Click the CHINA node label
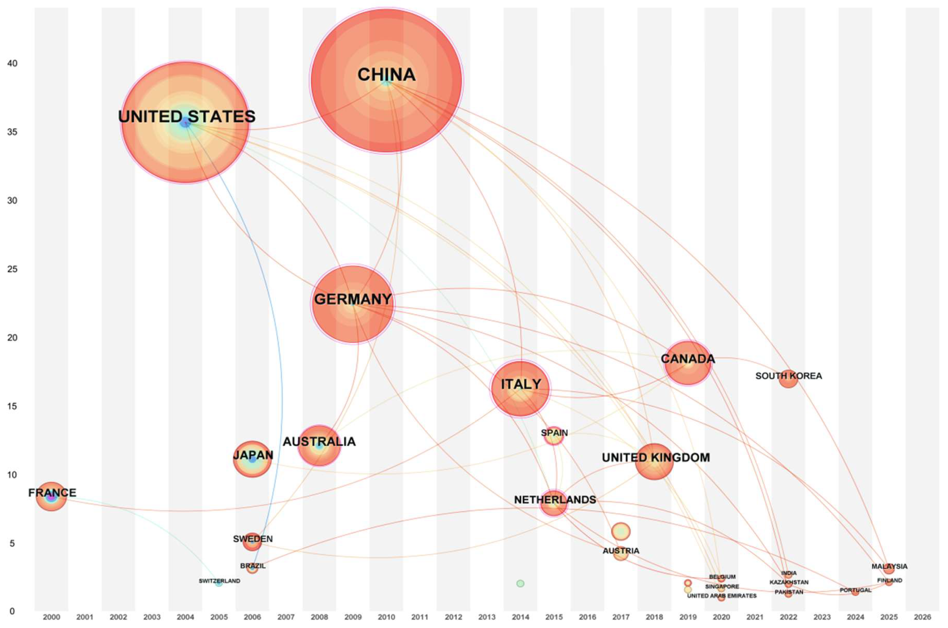(386, 75)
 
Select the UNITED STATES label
(187, 116)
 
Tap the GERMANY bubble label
(353, 299)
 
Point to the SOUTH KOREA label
(789, 376)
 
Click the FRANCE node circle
(51, 497)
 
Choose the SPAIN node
(554, 436)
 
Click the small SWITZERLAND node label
(220, 581)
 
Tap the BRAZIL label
(253, 566)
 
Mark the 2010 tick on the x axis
(386, 617)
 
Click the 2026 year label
(922, 617)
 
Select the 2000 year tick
(51, 617)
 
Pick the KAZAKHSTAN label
(789, 582)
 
